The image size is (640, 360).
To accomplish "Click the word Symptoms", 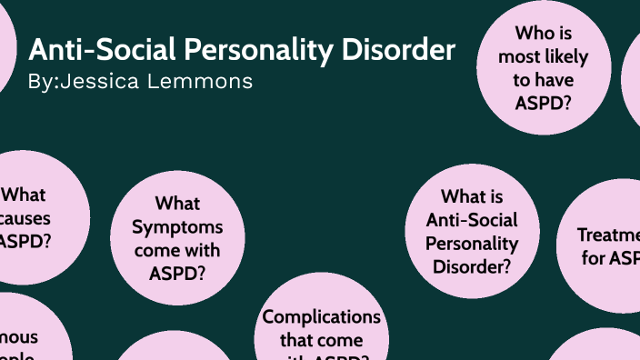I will [x=176, y=225].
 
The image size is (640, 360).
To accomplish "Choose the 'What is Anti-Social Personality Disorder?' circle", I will [x=472, y=232].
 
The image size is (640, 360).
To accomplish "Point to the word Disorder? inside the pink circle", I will [x=472, y=266].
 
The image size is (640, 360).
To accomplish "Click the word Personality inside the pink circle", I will [x=472, y=244].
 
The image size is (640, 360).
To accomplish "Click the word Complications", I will [x=321, y=317].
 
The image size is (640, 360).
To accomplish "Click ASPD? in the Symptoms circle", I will [x=176, y=271].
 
